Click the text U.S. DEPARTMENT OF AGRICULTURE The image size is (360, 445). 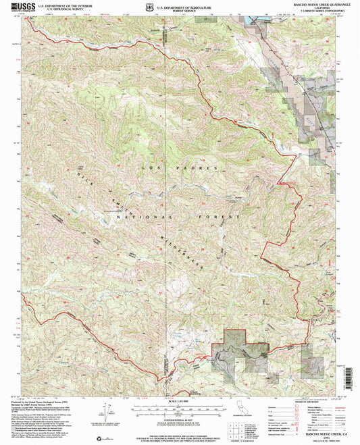tap(180, 5)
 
